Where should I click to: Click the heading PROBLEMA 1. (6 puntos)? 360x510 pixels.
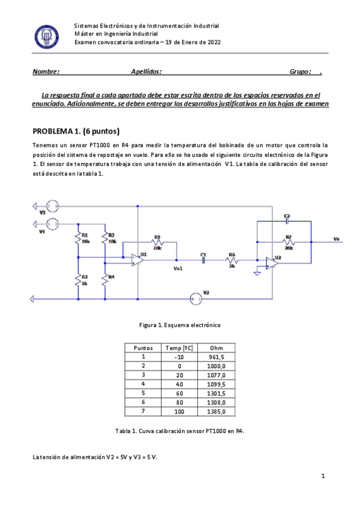click(76, 131)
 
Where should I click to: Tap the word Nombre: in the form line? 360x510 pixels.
click(46, 72)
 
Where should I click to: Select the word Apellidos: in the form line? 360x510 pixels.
click(147, 72)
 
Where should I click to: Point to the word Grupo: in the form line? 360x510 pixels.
click(301, 72)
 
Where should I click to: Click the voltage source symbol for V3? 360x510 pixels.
click(51, 206)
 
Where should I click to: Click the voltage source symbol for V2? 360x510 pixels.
click(194, 297)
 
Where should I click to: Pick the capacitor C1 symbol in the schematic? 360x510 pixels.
click(204, 260)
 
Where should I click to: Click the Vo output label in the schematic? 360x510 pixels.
click(336, 239)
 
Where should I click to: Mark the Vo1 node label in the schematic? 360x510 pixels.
click(177, 268)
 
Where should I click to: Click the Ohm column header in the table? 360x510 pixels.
click(216, 348)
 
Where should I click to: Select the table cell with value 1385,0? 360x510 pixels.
click(216, 412)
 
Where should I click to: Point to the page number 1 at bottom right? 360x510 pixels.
click(323, 476)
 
